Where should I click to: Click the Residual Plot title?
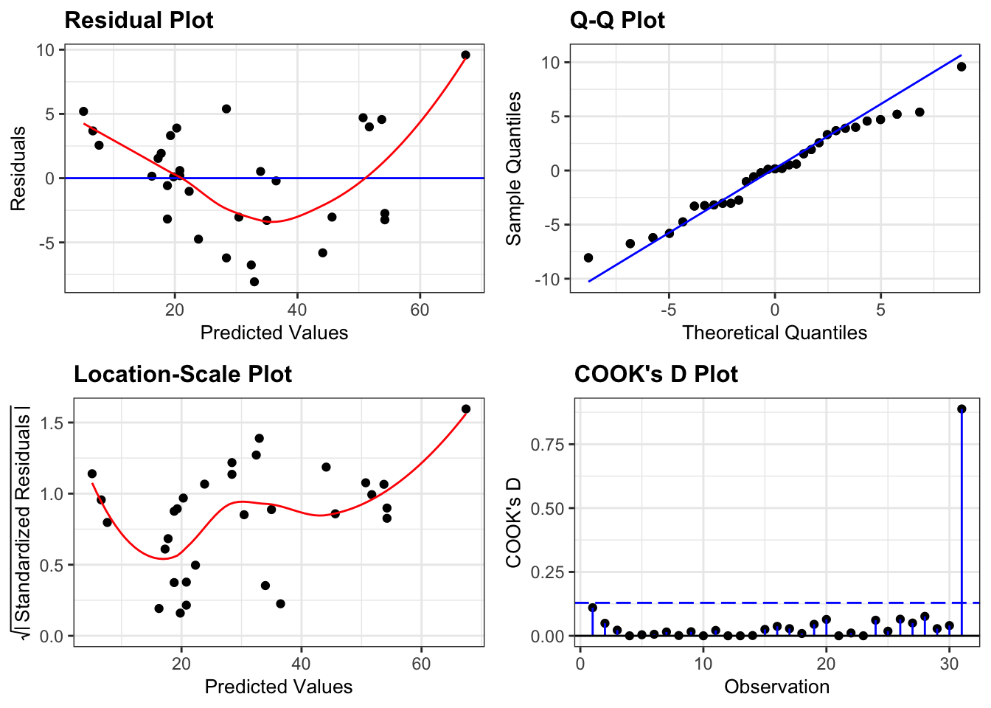point(139,20)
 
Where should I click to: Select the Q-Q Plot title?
point(617,20)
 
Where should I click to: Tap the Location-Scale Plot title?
point(183,374)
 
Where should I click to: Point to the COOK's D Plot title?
point(656,374)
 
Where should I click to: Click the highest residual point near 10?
point(465,55)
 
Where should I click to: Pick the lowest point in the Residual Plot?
point(254,282)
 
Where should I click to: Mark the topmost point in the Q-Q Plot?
point(962,66)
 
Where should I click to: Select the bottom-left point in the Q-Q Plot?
point(588,257)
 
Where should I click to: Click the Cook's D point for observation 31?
point(962,409)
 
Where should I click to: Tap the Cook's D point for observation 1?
point(592,608)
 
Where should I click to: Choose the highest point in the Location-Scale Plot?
point(465,409)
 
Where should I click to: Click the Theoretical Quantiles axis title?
point(774,333)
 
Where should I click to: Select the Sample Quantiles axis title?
point(514,169)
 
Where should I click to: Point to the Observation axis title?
point(776,687)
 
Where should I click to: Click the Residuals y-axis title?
point(18,169)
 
